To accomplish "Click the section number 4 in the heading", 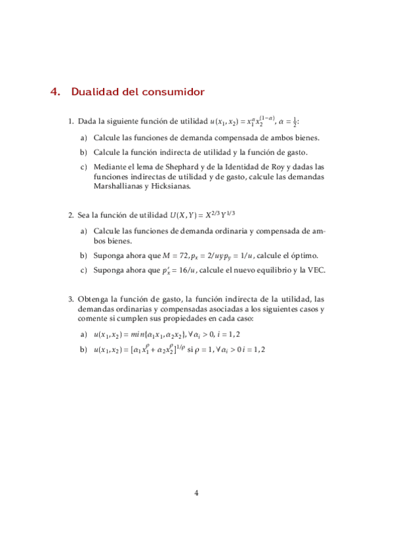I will (55, 92).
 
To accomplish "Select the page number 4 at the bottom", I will (196, 494).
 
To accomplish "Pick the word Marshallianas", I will (118, 186).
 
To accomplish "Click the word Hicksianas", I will (170, 186).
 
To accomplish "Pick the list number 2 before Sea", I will (71, 215).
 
